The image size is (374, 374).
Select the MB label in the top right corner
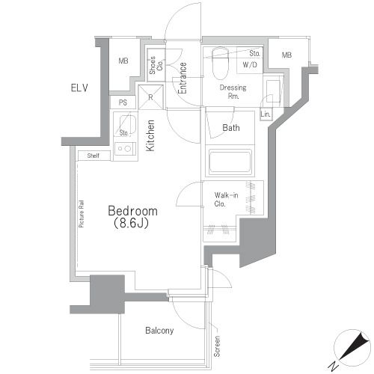286,55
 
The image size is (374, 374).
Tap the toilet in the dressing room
219,64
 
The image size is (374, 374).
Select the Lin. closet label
266,114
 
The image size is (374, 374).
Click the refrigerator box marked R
151,97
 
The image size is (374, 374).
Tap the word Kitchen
150,136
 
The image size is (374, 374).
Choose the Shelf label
93,156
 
